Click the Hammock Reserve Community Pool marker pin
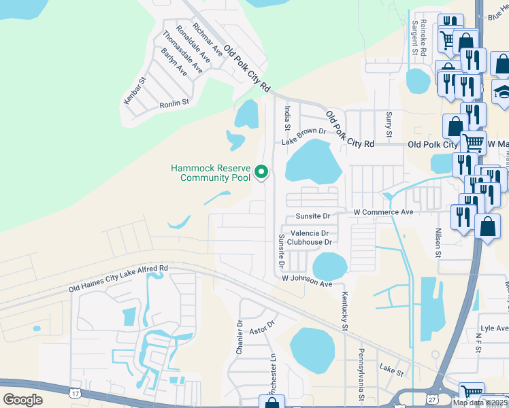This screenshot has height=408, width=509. click(262, 173)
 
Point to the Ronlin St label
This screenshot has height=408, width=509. click(174, 102)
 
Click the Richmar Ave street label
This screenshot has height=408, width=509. click(208, 39)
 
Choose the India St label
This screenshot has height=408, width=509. click(288, 118)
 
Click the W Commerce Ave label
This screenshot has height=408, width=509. click(383, 213)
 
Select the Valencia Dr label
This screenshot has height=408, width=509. click(310, 233)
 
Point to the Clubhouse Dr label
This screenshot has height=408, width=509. click(309, 241)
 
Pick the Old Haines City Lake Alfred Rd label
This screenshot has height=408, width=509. click(118, 279)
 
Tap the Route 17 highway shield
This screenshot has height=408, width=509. click(74, 392)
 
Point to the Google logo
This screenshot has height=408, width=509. click(23, 400)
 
